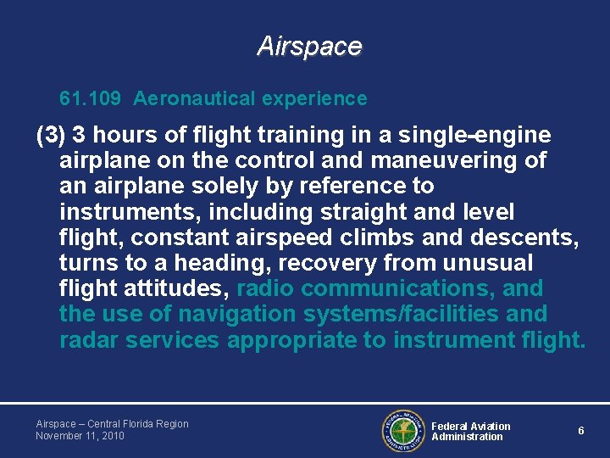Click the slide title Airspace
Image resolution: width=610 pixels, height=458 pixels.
click(309, 46)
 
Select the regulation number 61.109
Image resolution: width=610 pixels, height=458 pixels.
click(91, 99)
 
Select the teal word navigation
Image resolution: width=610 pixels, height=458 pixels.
click(233, 314)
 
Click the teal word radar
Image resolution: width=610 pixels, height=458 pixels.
click(89, 340)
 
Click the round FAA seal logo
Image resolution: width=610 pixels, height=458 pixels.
click(402, 431)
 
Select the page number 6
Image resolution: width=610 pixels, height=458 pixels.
click(581, 431)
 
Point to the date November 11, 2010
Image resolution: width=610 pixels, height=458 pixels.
click(80, 436)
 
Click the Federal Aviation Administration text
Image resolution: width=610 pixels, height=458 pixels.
click(471, 432)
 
